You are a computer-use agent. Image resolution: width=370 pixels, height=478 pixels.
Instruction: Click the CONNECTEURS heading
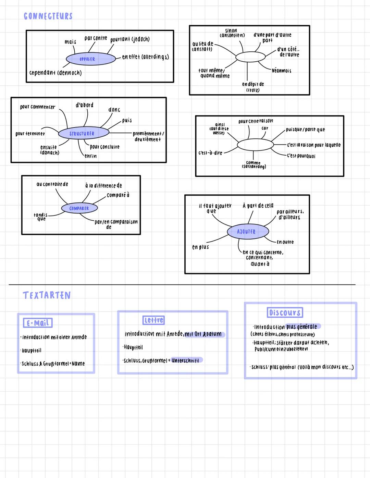[48, 16]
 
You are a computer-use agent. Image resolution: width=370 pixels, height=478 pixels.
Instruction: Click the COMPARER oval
[79, 208]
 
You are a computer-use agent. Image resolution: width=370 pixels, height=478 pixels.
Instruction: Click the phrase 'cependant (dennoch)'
[56, 73]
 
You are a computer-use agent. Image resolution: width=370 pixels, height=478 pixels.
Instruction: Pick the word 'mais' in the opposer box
[70, 42]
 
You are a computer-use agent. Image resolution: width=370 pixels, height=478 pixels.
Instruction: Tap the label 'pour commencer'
[37, 107]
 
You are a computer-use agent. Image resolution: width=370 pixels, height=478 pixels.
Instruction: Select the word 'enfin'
[90, 156]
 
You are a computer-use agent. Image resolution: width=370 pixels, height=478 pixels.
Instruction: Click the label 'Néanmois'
[281, 71]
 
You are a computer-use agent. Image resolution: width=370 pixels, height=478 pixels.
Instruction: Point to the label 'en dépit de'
[253, 84]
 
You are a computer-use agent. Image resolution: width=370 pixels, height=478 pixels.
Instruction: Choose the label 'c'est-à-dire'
[210, 153]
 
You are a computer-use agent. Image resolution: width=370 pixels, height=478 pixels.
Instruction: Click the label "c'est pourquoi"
[301, 156]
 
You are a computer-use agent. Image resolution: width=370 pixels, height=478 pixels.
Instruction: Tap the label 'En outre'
[285, 242]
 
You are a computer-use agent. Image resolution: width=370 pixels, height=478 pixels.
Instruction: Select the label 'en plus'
[200, 247]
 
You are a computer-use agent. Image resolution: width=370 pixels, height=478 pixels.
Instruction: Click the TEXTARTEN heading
[47, 295]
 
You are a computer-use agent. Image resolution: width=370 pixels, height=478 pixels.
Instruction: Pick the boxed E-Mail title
[38, 323]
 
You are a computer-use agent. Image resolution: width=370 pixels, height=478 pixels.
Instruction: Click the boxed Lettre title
[153, 320]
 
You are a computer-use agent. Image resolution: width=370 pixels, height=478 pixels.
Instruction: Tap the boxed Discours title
[285, 312]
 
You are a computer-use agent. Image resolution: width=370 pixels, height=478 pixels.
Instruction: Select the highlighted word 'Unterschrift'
[185, 360]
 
